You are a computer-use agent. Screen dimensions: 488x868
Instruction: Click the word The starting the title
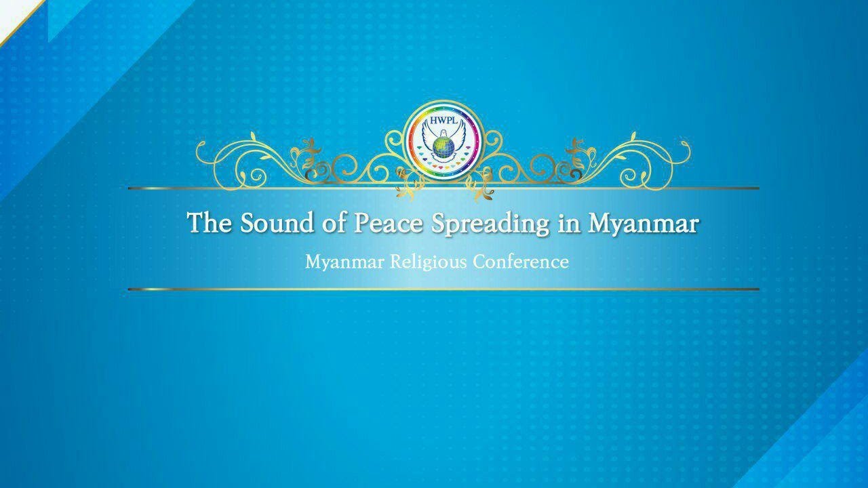[210, 223]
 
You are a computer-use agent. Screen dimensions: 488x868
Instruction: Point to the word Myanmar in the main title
[643, 223]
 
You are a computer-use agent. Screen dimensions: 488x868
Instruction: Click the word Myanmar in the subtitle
[344, 262]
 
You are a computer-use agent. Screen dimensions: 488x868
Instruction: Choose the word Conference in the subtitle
[521, 262]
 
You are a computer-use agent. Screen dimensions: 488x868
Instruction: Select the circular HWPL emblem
[443, 139]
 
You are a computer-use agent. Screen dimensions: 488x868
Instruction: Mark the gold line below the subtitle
[443, 289]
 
